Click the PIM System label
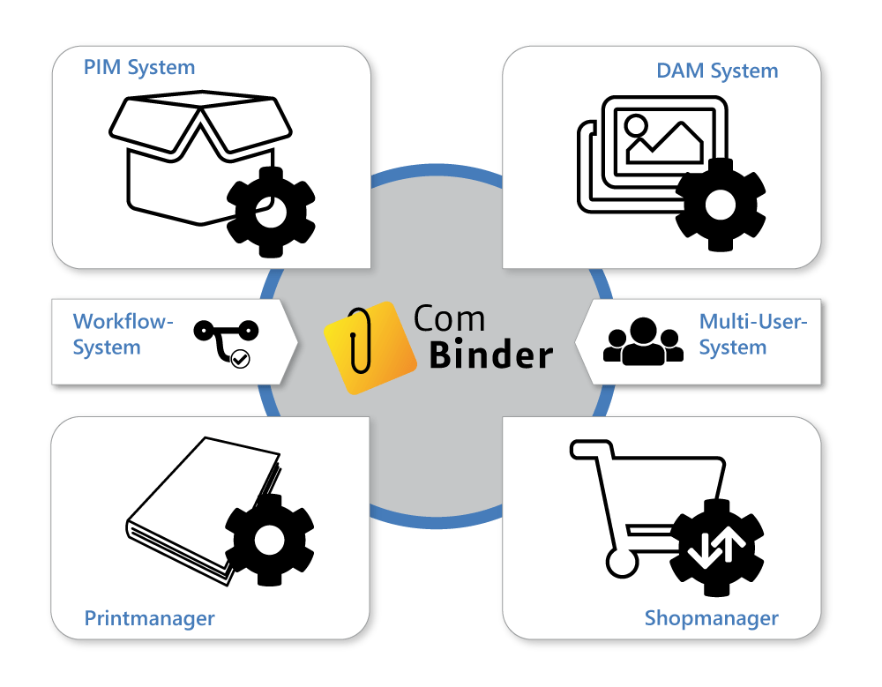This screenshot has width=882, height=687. point(139,68)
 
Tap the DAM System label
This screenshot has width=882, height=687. point(717,71)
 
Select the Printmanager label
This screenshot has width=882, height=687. point(149,618)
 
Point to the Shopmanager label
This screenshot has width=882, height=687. point(712,618)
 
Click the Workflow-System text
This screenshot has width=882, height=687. point(123,334)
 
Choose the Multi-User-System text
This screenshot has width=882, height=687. point(753,334)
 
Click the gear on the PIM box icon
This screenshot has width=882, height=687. point(271,213)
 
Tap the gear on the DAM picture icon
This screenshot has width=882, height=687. point(721,205)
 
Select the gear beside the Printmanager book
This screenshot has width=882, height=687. point(269,540)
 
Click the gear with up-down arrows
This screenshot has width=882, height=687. point(716,547)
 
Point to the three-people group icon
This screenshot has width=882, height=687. point(643,342)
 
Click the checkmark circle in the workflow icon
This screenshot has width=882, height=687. point(240,358)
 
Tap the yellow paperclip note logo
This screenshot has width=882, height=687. point(370,347)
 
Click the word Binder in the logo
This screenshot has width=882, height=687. point(491,355)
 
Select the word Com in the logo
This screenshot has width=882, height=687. point(450,318)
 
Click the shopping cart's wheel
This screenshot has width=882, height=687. point(622,562)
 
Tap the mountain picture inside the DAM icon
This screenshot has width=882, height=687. point(664,139)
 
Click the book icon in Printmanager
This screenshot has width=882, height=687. point(204,511)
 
